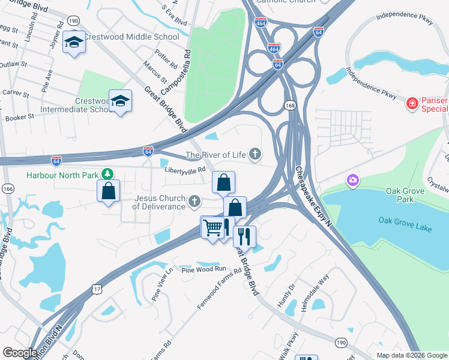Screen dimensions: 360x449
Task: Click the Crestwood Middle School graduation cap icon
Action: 74,42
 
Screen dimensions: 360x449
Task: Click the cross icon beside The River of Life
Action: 255,155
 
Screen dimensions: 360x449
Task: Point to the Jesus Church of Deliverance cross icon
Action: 194,201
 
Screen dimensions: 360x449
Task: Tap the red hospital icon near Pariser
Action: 412,103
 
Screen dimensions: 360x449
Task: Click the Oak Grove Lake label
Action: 402,220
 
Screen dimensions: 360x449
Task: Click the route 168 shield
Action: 291,106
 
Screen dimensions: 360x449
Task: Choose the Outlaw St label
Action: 14,64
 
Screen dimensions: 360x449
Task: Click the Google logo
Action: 19,352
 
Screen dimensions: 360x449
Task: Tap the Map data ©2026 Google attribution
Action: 411,355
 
